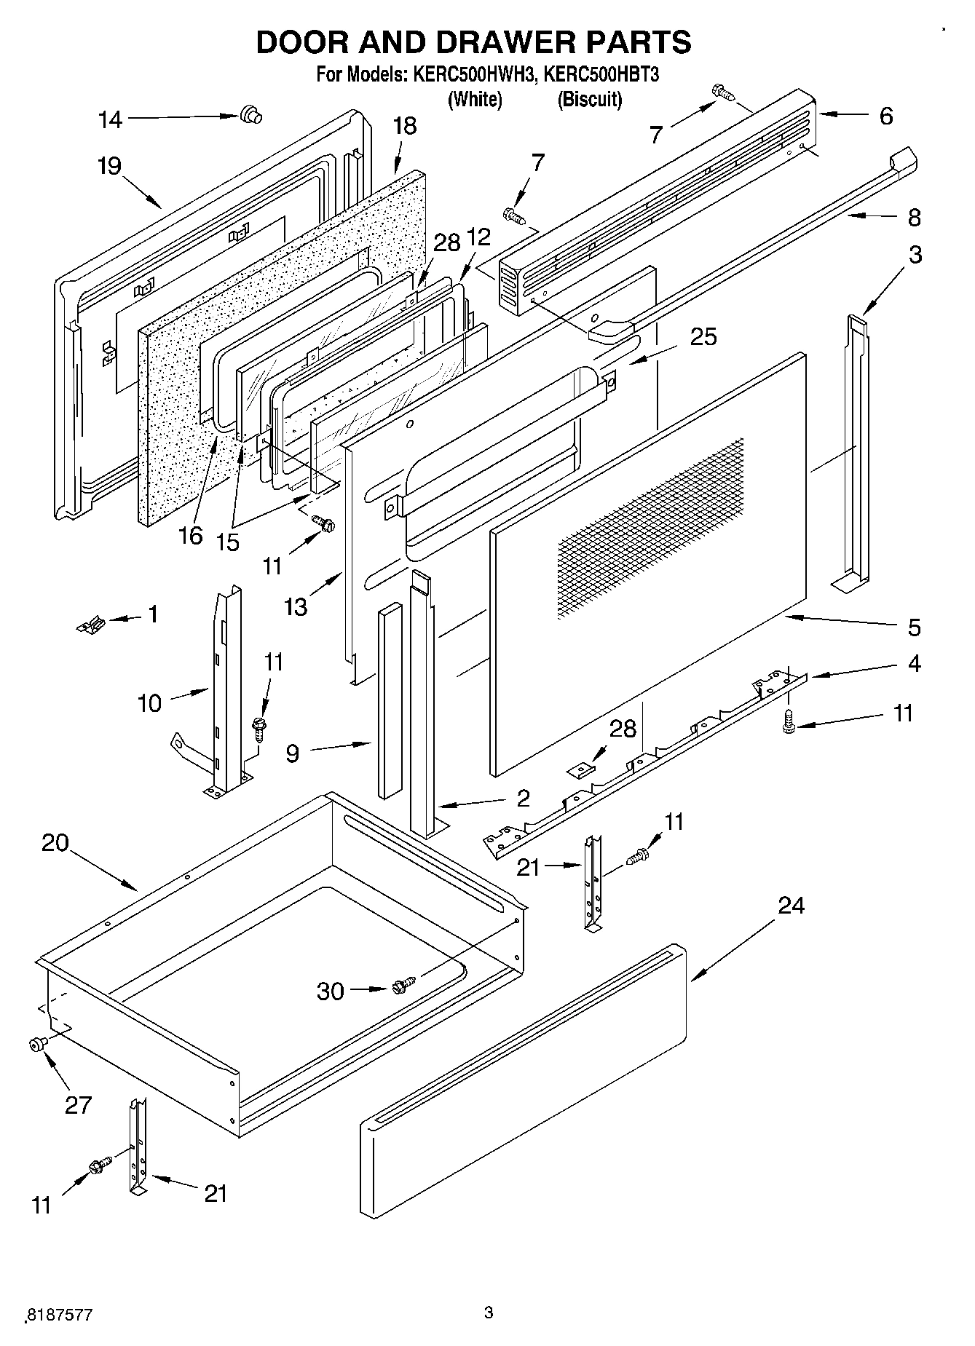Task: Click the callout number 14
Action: (x=111, y=120)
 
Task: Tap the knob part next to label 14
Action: (x=250, y=115)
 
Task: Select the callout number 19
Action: (x=109, y=167)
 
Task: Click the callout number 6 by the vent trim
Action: (x=885, y=116)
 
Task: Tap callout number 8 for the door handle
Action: (x=914, y=217)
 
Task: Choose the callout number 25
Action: (x=703, y=337)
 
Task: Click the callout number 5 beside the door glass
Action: (x=914, y=628)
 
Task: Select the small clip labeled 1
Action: (x=92, y=624)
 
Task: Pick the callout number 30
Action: (x=330, y=991)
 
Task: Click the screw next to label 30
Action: (x=403, y=985)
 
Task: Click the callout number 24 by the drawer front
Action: (x=792, y=906)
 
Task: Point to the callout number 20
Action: (x=55, y=843)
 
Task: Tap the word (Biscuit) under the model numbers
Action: (x=590, y=100)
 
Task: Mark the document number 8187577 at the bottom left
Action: (x=60, y=1315)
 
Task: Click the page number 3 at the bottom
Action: (x=489, y=1313)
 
